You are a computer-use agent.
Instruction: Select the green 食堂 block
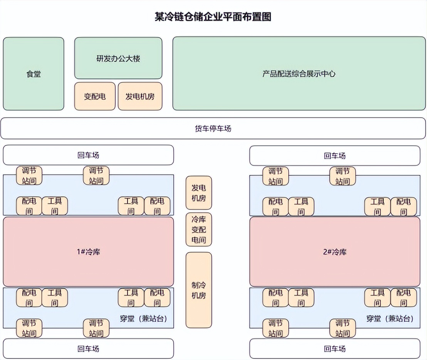point(34,74)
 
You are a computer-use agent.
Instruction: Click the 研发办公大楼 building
point(118,58)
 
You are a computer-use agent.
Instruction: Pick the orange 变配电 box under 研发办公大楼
point(95,96)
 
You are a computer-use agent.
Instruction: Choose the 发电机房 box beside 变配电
point(140,96)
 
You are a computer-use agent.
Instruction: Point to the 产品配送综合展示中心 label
point(299,74)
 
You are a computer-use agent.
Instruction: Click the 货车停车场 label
point(213,128)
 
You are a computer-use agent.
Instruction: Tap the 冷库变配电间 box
point(199,230)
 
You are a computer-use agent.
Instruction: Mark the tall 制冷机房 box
point(199,290)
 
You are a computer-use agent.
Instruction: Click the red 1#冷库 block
point(88,252)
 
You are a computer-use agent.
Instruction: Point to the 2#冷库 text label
point(334,252)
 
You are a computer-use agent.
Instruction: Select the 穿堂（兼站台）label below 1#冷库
point(143,319)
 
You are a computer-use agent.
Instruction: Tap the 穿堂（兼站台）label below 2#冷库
point(390,319)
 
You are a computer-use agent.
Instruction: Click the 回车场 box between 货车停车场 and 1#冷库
point(88,155)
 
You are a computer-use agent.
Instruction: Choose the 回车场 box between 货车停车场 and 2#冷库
point(335,156)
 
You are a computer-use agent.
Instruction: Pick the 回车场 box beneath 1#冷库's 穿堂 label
point(88,348)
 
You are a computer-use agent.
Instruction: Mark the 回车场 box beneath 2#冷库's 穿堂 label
point(335,348)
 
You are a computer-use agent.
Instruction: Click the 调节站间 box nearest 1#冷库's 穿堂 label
point(96,328)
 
